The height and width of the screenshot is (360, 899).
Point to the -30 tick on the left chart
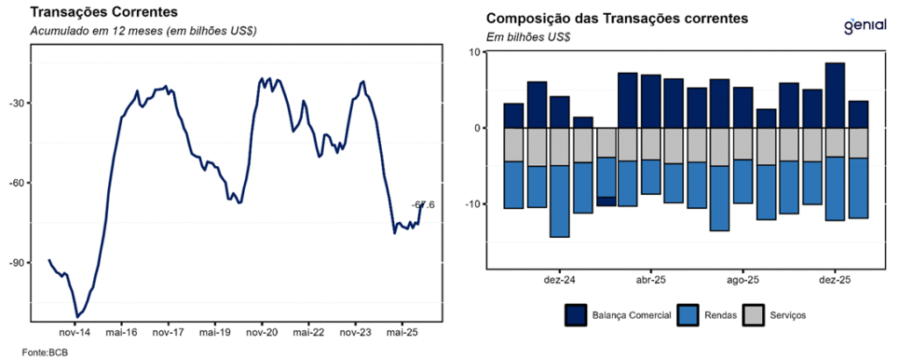(x=18, y=103)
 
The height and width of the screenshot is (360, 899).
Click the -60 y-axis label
(x=18, y=183)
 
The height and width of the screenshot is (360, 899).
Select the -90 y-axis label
(x=18, y=263)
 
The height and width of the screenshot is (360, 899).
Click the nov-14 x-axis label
(x=73, y=333)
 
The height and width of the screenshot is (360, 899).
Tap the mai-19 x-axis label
(x=214, y=333)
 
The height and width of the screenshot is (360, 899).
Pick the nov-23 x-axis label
(x=355, y=333)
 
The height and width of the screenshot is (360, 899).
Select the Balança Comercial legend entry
(x=620, y=314)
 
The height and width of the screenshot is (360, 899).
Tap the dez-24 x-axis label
(x=559, y=280)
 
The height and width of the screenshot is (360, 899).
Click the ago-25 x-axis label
(x=743, y=280)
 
